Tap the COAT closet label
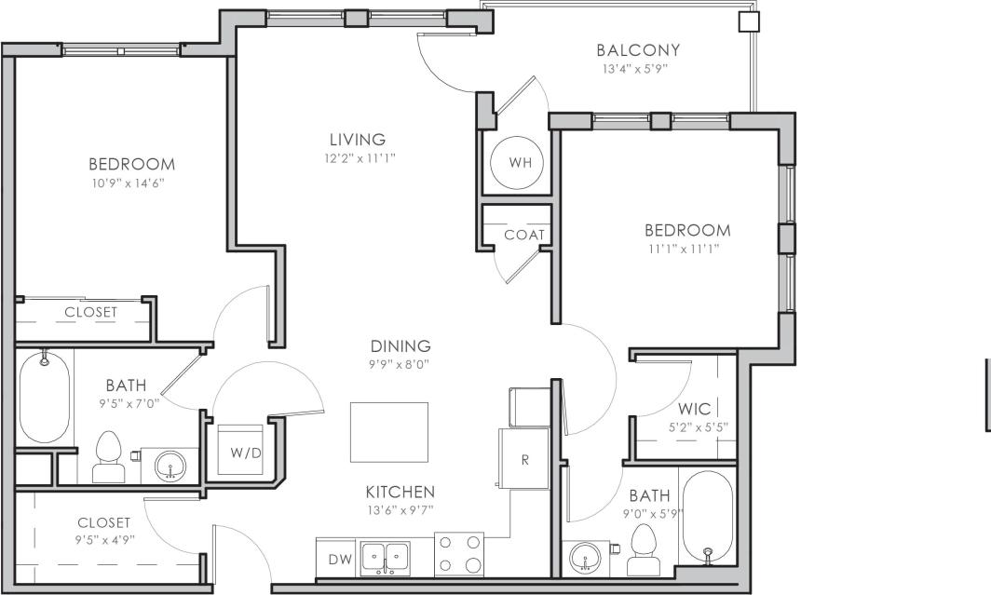click(523, 235)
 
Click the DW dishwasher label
click(340, 559)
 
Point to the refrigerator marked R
click(524, 460)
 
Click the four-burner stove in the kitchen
click(460, 553)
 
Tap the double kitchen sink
click(386, 556)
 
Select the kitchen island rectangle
click(389, 432)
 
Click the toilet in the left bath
click(109, 458)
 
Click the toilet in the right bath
click(644, 551)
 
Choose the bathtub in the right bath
click(708, 518)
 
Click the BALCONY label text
click(638, 50)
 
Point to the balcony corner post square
click(749, 22)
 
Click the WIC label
click(695, 409)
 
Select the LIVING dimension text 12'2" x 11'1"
click(354, 158)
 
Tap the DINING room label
click(400, 346)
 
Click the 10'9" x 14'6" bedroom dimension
click(131, 183)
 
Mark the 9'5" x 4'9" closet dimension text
click(103, 539)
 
